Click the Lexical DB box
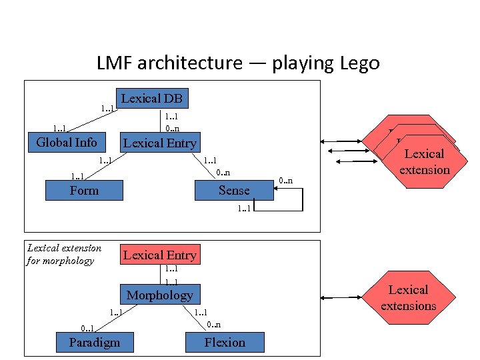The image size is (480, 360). point(151,98)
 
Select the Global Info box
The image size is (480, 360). point(66,142)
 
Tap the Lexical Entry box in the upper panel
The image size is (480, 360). point(159,143)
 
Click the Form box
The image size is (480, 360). point(84,191)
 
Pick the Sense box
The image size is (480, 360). point(234,191)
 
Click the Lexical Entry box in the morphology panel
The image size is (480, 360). point(159,255)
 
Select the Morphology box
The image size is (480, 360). point(159,295)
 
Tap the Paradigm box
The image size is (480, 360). point(95,343)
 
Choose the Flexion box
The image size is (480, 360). point(225,343)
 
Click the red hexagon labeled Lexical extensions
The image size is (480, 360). point(408,298)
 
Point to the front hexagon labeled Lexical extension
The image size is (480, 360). point(425,162)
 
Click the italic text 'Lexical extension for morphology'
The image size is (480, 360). point(64,254)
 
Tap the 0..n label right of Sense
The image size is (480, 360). point(285,180)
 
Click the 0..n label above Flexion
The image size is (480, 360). point(213,325)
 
